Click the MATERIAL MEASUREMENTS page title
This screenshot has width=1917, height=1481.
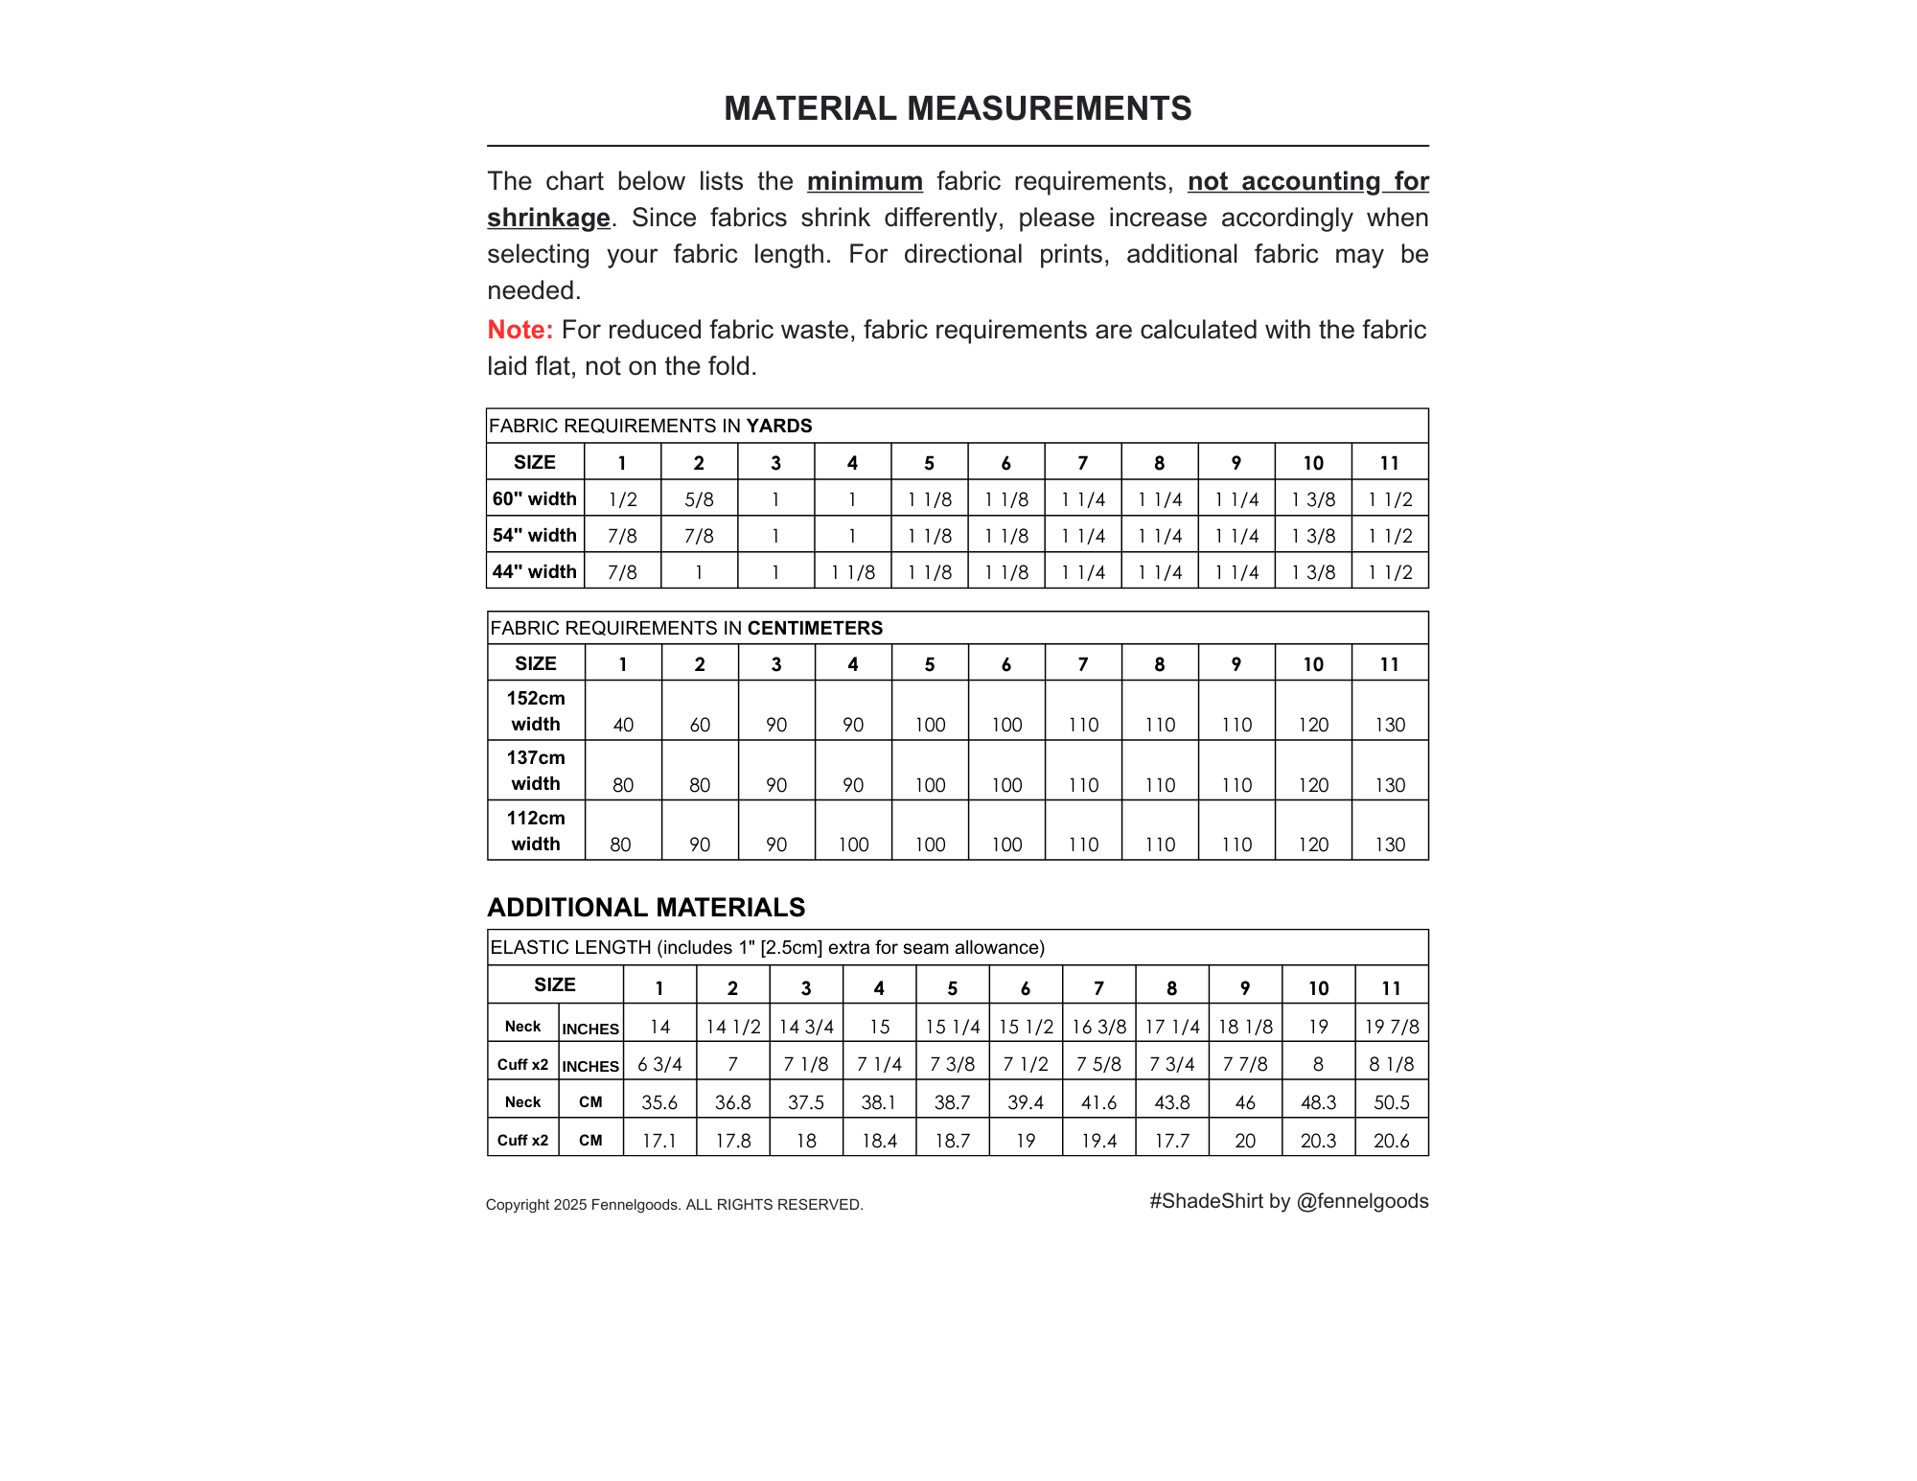(x=958, y=108)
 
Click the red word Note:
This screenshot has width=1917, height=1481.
(x=520, y=330)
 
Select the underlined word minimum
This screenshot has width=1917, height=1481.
(x=865, y=181)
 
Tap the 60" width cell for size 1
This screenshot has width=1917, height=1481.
(x=623, y=499)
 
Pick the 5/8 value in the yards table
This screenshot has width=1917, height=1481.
(x=700, y=499)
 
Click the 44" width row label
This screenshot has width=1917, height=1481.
(x=535, y=571)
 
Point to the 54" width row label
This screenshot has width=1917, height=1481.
(x=535, y=535)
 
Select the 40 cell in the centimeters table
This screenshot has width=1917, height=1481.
(x=623, y=725)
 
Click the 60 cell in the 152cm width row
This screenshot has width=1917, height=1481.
(x=700, y=725)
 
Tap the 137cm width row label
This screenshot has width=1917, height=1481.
(x=536, y=771)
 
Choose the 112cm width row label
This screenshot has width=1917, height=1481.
(x=536, y=831)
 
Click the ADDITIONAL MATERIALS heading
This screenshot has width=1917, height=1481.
(x=646, y=907)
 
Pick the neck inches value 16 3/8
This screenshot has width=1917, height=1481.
(x=1098, y=1027)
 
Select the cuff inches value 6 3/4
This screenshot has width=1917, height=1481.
(x=659, y=1064)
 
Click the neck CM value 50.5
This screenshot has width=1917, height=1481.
(x=1392, y=1102)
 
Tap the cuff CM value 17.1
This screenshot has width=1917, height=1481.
(x=659, y=1141)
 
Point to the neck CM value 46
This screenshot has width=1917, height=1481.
(x=1245, y=1102)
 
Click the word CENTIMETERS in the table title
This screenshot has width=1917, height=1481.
(x=815, y=628)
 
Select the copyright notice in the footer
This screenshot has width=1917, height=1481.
(x=674, y=1205)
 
